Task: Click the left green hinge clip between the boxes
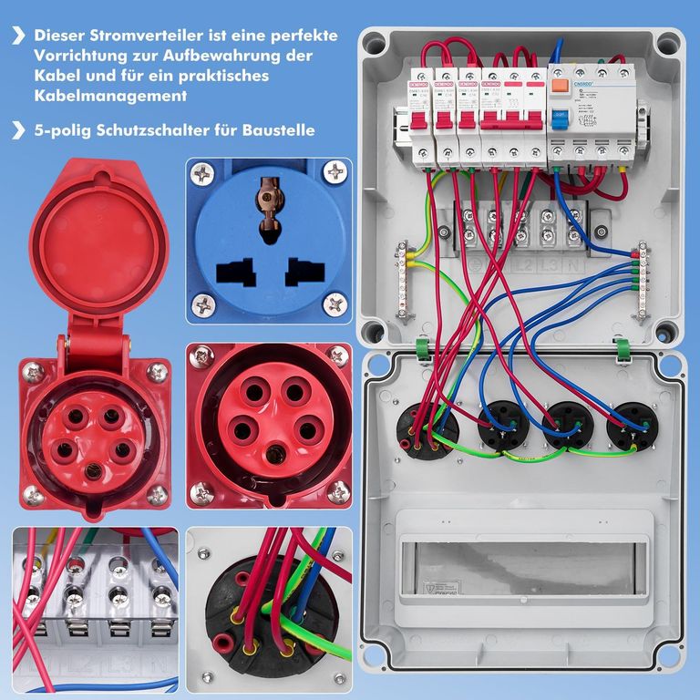coord(423,348)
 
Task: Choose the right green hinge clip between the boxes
coord(623,348)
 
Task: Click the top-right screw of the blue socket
coord(336,170)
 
